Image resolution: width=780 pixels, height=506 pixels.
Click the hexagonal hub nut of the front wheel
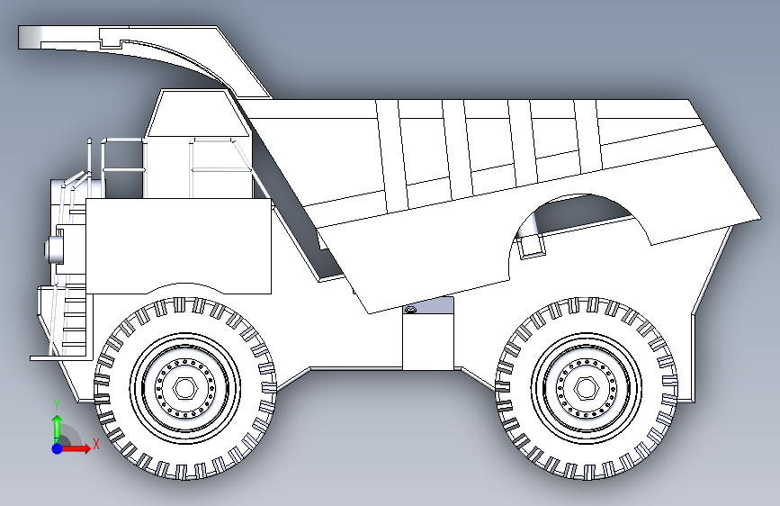pyautogui.click(x=185, y=388)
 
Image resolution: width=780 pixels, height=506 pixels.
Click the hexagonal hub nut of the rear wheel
pyautogui.click(x=586, y=388)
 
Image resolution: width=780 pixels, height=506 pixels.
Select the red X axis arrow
pyautogui.click(x=76, y=448)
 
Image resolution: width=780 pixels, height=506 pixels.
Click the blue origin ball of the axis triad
pyautogui.click(x=58, y=448)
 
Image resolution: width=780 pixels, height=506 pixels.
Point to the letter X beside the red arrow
pyautogui.click(x=96, y=444)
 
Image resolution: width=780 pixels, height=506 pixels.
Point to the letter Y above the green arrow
pyautogui.click(x=57, y=405)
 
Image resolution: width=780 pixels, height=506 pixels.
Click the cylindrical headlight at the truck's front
pyautogui.click(x=54, y=249)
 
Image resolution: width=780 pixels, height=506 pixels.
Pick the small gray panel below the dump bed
pyautogui.click(x=429, y=305)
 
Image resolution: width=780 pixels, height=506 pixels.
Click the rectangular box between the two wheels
pyautogui.click(x=428, y=341)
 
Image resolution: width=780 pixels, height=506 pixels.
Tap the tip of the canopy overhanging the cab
pyautogui.click(x=20, y=37)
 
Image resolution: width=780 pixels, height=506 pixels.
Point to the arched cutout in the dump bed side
pyautogui.click(x=579, y=196)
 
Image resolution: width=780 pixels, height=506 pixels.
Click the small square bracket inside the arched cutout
pyautogui.click(x=532, y=247)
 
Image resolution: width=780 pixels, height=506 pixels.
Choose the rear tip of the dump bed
pyautogui.click(x=759, y=218)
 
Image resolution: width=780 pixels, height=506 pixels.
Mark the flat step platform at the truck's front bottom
pyautogui.click(x=60, y=357)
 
